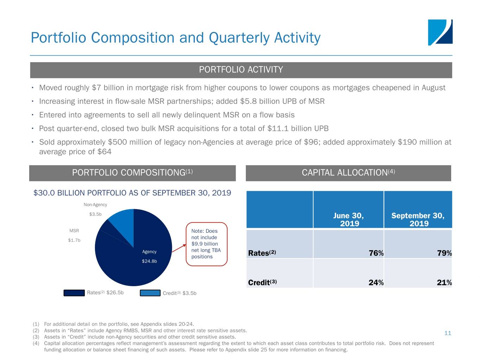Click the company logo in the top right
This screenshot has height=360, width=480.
(440, 32)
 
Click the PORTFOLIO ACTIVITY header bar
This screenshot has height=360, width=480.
(241, 70)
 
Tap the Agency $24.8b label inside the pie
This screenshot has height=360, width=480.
(149, 256)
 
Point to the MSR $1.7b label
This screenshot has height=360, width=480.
(74, 236)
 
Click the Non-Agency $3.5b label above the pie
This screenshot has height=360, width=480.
(95, 209)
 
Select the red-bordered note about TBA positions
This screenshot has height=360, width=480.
(206, 244)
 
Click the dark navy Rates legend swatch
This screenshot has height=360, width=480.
(74, 293)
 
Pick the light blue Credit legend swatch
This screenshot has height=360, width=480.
(150, 293)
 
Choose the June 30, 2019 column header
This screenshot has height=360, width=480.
(348, 219)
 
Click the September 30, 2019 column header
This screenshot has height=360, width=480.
(418, 219)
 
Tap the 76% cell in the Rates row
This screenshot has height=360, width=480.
(376, 253)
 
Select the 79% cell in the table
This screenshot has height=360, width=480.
(444, 253)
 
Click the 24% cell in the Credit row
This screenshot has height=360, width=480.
(376, 283)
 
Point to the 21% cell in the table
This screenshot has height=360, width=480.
(444, 283)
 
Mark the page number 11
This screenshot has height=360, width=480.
(448, 333)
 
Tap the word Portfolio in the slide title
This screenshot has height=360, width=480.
(58, 38)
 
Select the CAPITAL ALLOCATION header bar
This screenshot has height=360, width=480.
(348, 173)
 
